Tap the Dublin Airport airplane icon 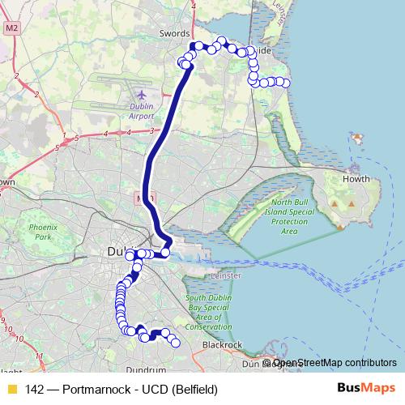[142, 95]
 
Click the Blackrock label [222, 345]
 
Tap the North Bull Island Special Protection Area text [279, 215]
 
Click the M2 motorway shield [11, 28]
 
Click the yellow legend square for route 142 [12, 390]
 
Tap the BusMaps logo [360, 389]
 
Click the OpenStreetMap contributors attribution [335, 363]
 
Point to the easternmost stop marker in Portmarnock [283, 82]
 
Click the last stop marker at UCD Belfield [175, 343]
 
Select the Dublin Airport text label [141, 110]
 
